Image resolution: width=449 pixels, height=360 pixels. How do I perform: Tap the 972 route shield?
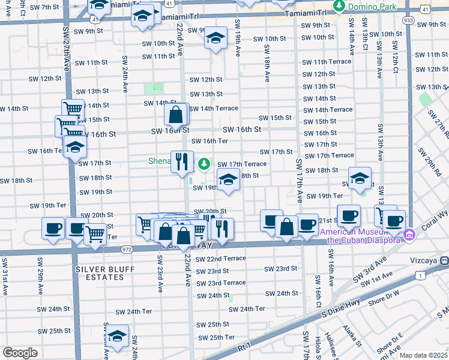tap(127, 248)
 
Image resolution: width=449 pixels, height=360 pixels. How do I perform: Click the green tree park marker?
tap(204, 163)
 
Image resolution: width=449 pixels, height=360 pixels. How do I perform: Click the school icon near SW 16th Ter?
tap(75, 147)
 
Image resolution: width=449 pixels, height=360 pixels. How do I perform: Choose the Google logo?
tap(20, 353)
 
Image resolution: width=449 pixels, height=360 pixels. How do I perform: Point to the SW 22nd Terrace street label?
tap(218, 258)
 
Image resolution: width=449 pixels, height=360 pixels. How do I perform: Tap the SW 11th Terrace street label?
tap(327, 62)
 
